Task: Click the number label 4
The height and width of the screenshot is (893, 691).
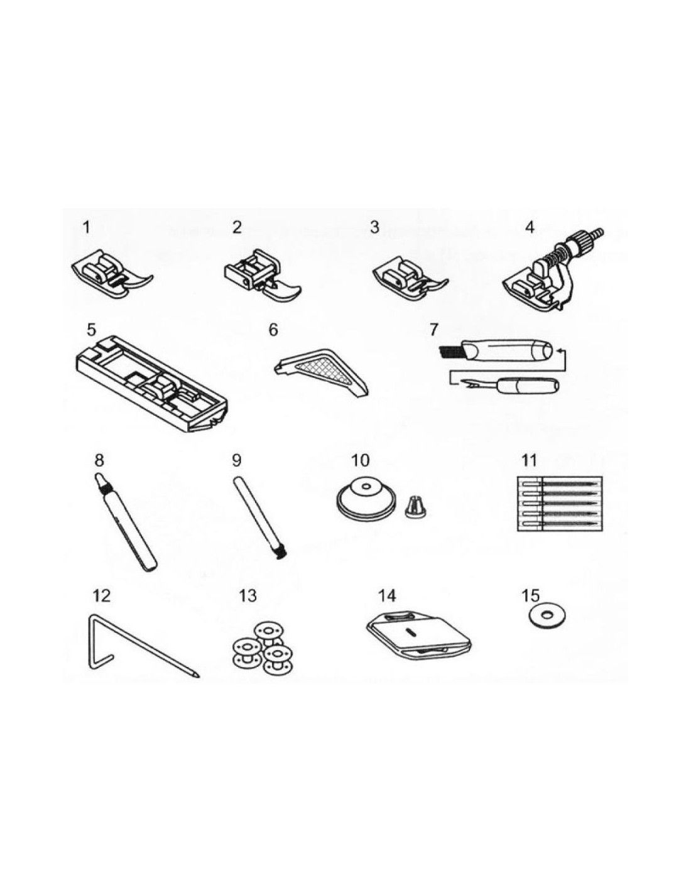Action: [530, 228]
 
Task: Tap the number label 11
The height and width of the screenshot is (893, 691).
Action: [529, 461]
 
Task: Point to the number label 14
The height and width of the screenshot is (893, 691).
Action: [386, 596]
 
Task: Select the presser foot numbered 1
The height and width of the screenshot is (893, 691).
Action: [112, 274]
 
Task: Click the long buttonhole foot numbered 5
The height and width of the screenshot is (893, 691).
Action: [151, 382]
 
